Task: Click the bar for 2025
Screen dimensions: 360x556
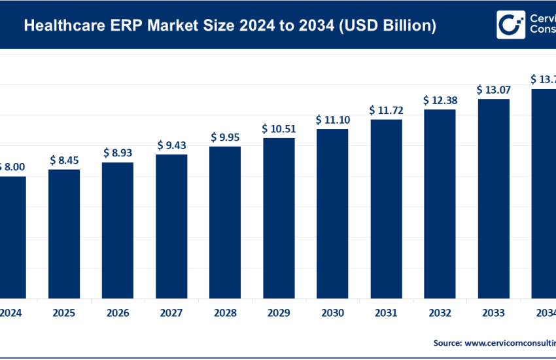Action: point(64,233)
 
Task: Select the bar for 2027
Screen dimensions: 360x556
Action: point(171,225)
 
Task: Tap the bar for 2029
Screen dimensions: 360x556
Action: point(279,217)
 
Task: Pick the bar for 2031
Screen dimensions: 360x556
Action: point(386,207)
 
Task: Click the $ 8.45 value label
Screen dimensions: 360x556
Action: point(64,160)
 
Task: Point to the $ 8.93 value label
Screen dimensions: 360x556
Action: point(118,152)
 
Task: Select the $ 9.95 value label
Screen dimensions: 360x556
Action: point(225,137)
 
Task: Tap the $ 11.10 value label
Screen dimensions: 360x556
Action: point(332,119)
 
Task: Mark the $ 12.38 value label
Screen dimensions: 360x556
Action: point(440,100)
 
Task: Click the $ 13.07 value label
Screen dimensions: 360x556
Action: point(493,89)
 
